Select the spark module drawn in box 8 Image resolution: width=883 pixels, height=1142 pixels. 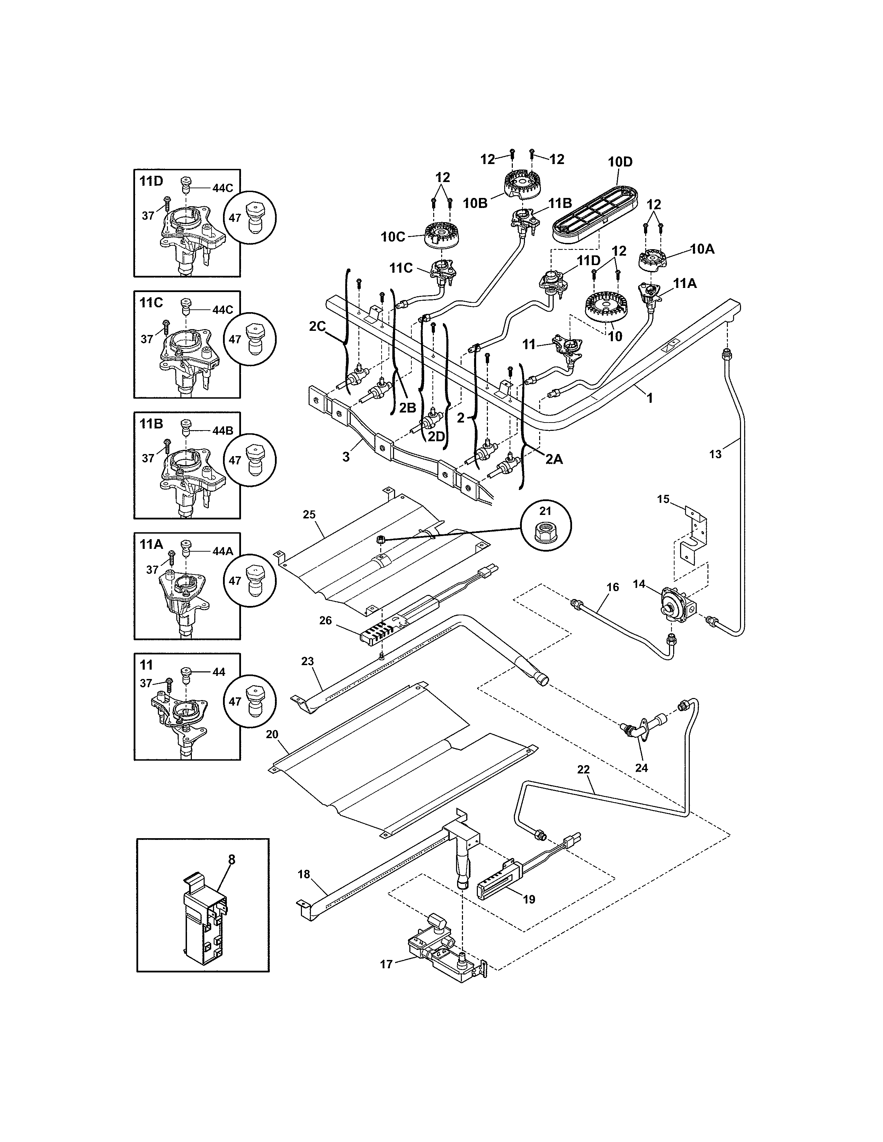click(x=206, y=920)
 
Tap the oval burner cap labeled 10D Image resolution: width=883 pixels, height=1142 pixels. click(x=595, y=213)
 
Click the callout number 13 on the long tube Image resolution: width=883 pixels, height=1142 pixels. click(x=715, y=454)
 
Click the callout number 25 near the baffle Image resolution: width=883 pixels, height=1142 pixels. click(x=309, y=515)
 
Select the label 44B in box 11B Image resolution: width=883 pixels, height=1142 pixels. click(x=222, y=431)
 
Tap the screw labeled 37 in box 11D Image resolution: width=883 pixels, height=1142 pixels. click(x=167, y=201)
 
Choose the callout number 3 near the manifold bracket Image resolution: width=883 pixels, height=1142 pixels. click(x=346, y=456)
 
